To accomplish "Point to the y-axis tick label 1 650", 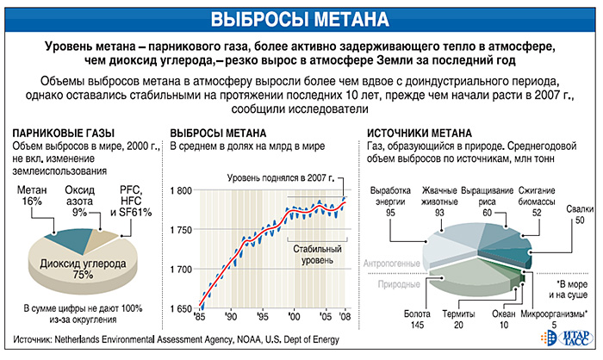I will [183, 308].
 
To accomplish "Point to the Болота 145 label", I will [393, 320].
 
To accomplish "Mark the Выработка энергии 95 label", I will [389, 200].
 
